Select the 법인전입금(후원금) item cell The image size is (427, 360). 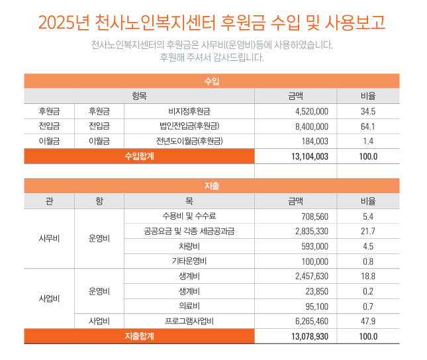[189, 126]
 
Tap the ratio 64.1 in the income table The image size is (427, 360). [368, 126]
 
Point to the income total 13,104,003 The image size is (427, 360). [309, 157]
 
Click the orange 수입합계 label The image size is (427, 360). [139, 157]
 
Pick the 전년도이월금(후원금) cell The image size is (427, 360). [189, 141]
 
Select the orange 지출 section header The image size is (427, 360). [212, 186]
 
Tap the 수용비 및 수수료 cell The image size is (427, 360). [189, 216]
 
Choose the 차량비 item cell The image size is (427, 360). [189, 246]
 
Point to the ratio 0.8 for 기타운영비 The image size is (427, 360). [368, 261]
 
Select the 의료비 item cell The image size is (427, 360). [189, 306]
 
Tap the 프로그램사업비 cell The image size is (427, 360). [189, 321]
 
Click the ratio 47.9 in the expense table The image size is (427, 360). [368, 321]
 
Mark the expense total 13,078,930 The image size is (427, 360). [309, 336]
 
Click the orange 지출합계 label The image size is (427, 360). [139, 336]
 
